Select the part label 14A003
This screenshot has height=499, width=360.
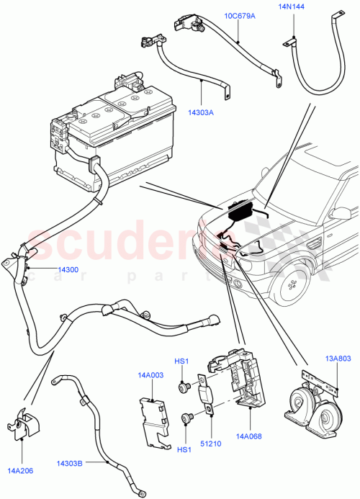pos(152,375)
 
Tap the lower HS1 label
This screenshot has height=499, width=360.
pos(183,449)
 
